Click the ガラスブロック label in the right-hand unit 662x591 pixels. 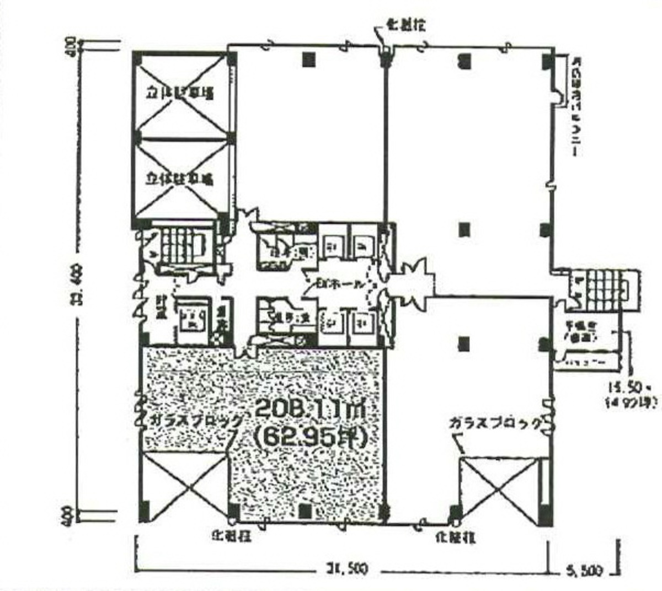click(495, 423)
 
